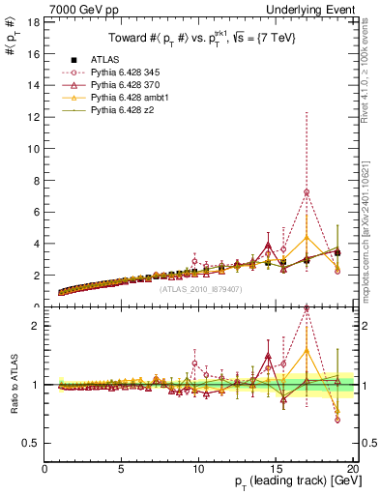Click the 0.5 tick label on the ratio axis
tap(30, 443)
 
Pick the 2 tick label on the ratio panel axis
tap(35, 326)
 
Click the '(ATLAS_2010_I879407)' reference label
tap(200, 288)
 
